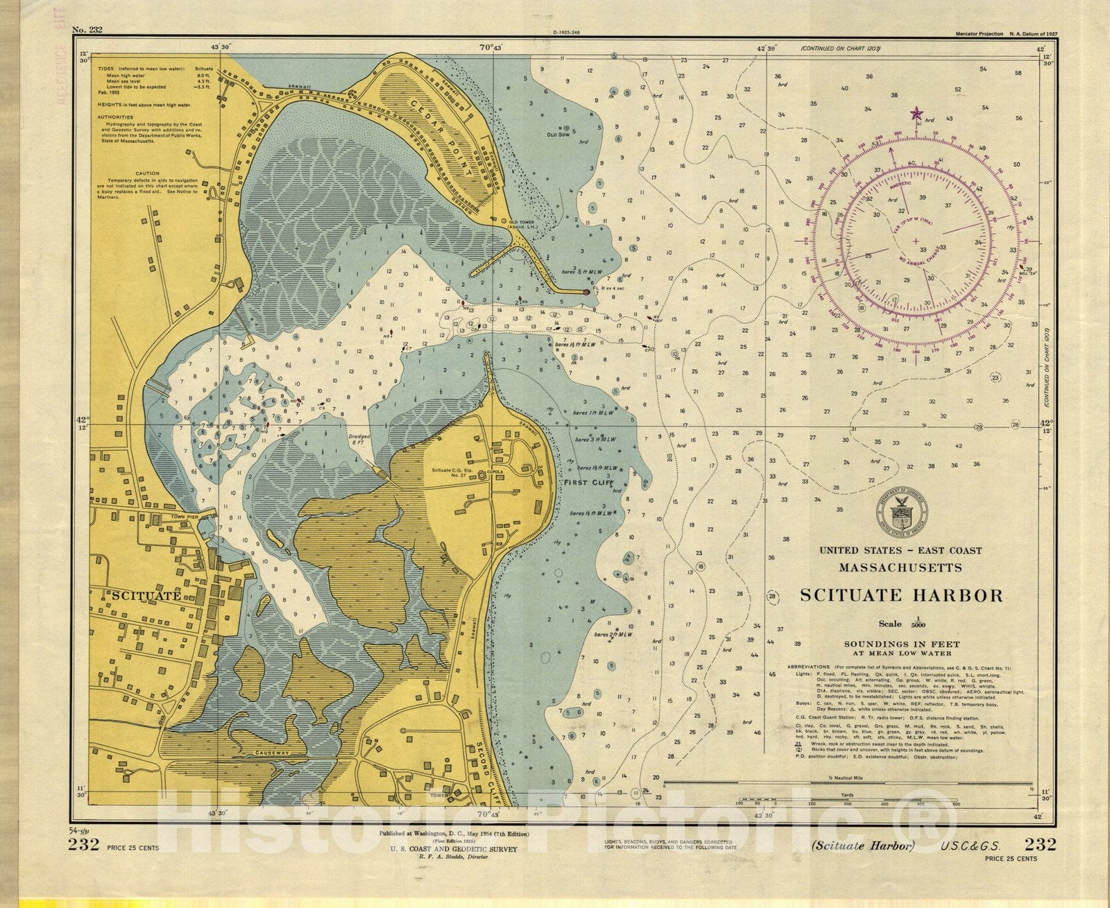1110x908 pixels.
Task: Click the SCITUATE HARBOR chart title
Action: tap(901, 595)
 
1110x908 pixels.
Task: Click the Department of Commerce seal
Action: tap(902, 514)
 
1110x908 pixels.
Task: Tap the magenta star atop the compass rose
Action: tap(916, 114)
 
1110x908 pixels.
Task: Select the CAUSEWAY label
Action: tap(271, 753)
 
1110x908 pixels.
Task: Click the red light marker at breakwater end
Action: tap(586, 293)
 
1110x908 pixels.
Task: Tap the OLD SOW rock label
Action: tap(557, 135)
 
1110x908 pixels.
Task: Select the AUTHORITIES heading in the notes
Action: tap(115, 117)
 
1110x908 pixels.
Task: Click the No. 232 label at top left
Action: tap(87, 30)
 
